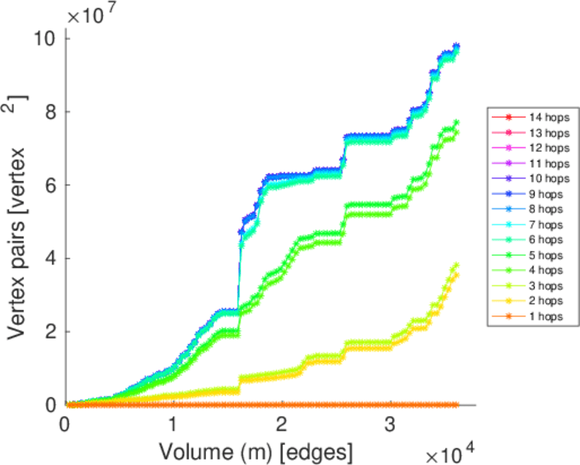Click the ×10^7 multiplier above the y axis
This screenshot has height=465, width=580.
coord(90,13)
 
